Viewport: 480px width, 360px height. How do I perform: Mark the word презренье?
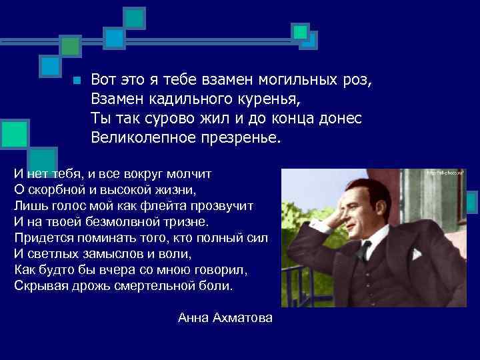tap(241, 138)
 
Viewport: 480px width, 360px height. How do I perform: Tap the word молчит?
tap(190, 173)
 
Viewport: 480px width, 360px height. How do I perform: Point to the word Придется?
tap(39, 237)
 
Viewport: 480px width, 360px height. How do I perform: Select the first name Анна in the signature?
tap(193, 318)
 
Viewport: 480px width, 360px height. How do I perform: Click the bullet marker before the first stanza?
tap(77, 81)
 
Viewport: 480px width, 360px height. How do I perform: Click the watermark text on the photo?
tap(445, 173)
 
